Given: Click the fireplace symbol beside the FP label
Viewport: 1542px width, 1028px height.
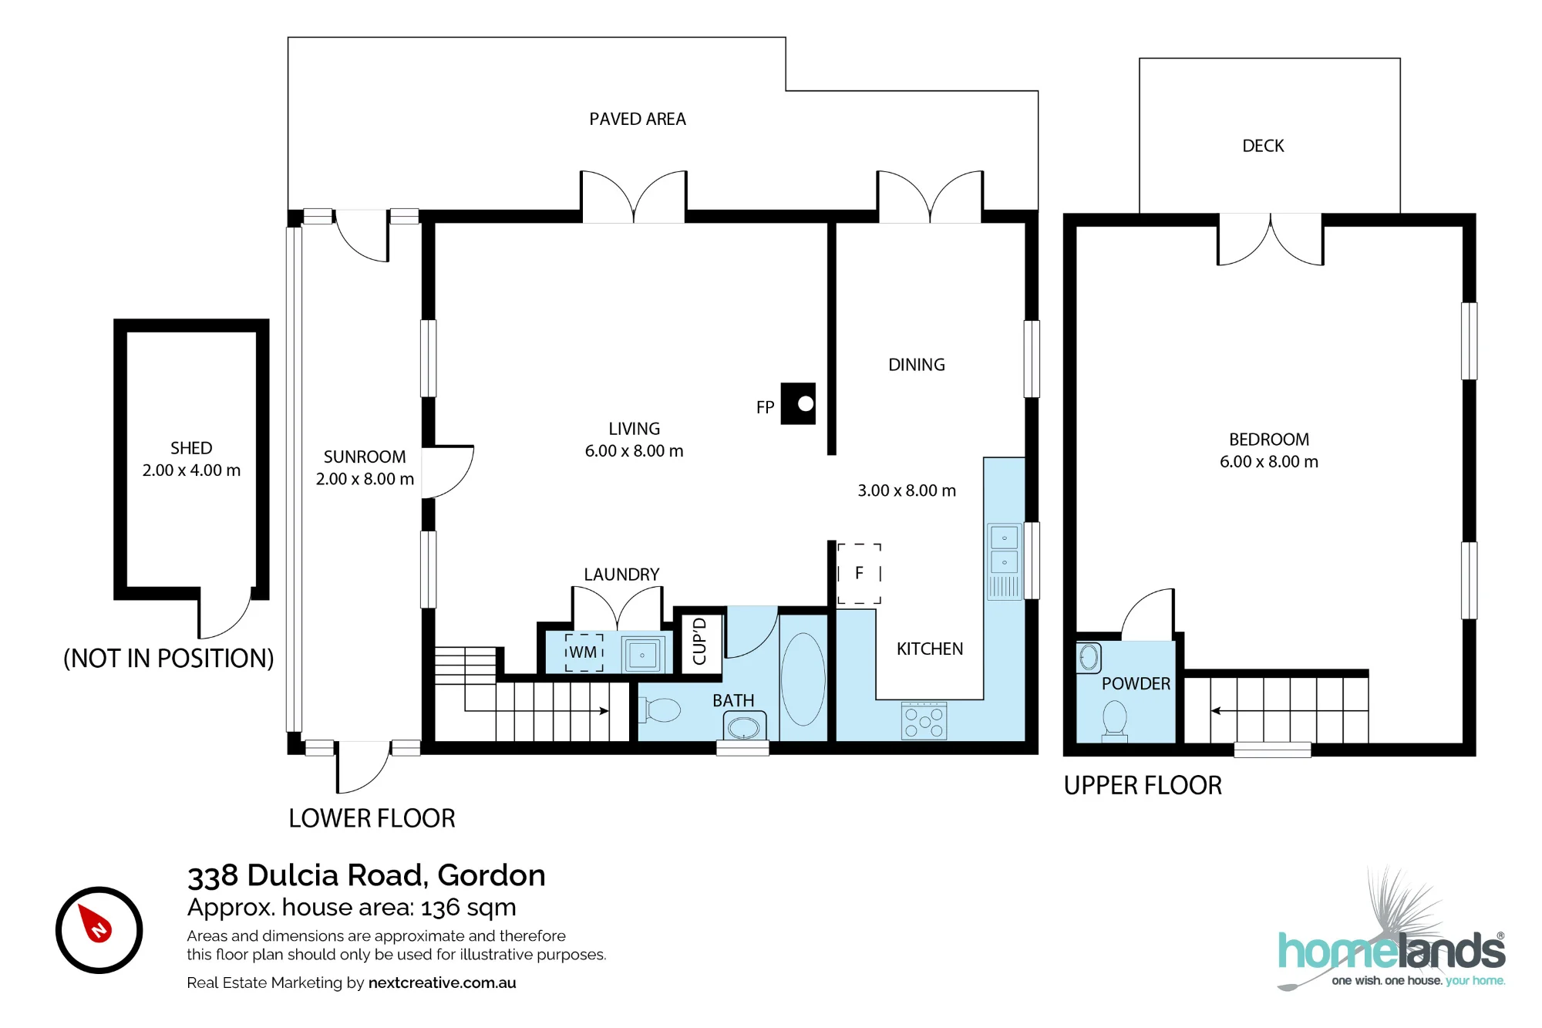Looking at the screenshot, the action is (798, 403).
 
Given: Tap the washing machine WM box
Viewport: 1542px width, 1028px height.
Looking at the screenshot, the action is (584, 652).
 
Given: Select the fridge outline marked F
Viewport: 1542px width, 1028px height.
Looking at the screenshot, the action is (859, 573).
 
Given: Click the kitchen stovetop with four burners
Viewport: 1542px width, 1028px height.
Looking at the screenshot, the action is (924, 720).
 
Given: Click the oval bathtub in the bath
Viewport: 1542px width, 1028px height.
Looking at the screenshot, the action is (803, 679).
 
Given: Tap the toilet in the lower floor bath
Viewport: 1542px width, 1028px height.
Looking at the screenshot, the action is (660, 709).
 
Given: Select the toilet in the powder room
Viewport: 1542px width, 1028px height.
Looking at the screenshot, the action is (1115, 720).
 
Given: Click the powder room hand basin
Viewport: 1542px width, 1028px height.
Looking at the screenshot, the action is (1089, 658).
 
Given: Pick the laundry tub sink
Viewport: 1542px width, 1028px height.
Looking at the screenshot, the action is (642, 655).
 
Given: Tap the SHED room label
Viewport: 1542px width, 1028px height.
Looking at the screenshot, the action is (191, 448).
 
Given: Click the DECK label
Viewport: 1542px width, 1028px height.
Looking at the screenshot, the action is (1263, 146).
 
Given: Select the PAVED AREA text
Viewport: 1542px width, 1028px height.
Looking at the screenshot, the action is (638, 119).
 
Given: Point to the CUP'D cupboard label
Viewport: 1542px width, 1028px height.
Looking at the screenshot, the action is (699, 642).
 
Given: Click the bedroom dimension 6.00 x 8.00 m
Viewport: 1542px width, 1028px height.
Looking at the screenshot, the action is (1269, 461).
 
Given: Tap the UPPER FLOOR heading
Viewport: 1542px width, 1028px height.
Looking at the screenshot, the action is (1143, 785).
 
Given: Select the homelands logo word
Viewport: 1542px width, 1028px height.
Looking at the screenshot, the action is (1392, 950).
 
